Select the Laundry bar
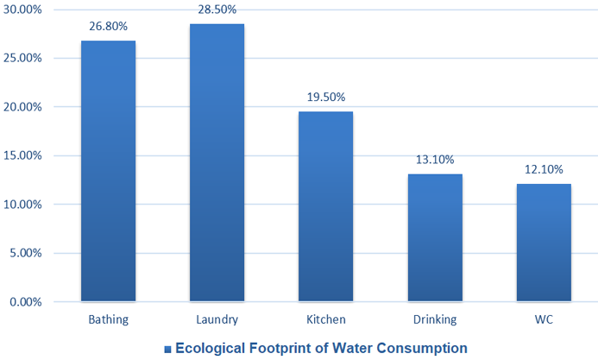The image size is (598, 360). (217, 163)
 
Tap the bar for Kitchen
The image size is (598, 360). (325, 206)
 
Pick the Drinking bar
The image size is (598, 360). (434, 237)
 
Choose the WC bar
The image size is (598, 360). (544, 243)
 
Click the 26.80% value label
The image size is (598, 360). (108, 26)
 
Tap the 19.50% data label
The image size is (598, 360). (325, 97)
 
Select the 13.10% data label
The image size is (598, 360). (434, 160)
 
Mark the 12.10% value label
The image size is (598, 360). (544, 169)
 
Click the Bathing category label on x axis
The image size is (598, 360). (109, 320)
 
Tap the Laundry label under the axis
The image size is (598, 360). (217, 320)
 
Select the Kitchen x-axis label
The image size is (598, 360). (326, 320)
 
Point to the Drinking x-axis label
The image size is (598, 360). (435, 320)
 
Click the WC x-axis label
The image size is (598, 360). (544, 320)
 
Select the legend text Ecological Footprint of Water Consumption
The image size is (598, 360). (321, 348)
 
